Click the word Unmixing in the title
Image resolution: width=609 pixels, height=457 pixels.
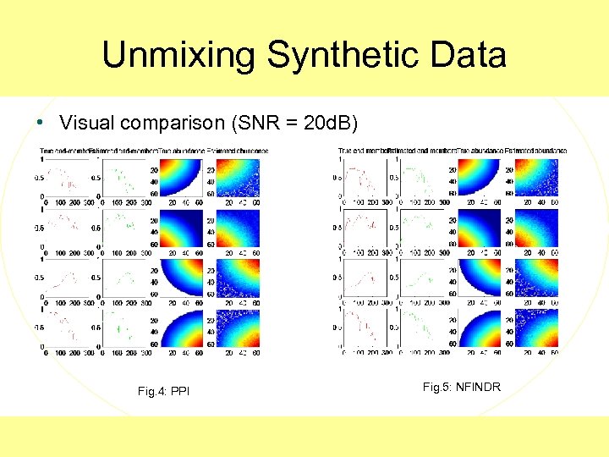click(x=179, y=56)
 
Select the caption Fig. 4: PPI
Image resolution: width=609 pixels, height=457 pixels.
click(x=162, y=391)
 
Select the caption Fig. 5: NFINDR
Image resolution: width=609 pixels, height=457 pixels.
click(x=461, y=387)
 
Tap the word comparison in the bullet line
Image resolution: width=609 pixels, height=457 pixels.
click(x=172, y=124)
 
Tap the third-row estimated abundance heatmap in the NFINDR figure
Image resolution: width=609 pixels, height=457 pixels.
click(x=537, y=277)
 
